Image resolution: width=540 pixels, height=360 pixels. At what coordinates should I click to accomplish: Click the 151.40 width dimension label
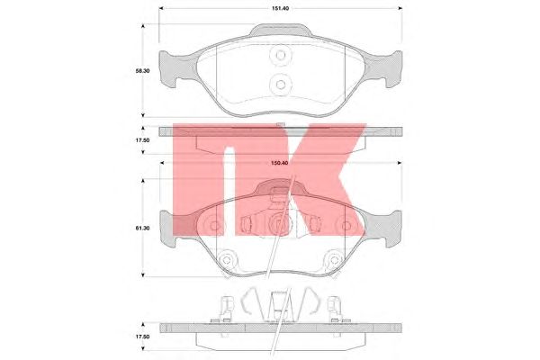coord(280,8)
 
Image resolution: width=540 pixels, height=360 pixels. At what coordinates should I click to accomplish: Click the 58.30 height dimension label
coord(142,71)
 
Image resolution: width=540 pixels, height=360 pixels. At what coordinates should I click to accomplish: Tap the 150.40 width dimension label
coord(280,163)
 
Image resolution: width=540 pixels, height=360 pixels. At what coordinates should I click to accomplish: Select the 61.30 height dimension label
coord(142,228)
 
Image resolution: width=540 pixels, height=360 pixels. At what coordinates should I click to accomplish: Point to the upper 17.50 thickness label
coord(142,140)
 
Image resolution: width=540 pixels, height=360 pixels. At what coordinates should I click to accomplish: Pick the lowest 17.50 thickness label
coord(142,337)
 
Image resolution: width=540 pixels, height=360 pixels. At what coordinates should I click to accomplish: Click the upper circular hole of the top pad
coord(281,55)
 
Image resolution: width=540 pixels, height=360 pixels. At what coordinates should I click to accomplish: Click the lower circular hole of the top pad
coord(281,85)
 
